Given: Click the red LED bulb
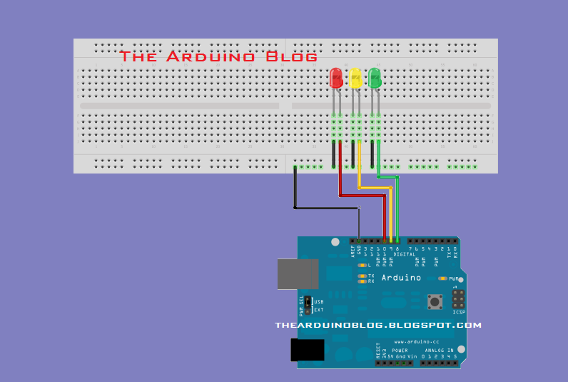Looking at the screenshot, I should click(336, 78).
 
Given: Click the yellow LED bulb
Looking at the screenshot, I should click(355, 78).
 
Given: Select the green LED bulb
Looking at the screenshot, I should click(375, 78).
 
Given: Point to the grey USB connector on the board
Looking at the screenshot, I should click(298, 274).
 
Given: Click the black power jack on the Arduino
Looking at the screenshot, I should click(308, 350).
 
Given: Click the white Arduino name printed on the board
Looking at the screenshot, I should click(401, 278).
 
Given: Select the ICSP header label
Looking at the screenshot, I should click(459, 312).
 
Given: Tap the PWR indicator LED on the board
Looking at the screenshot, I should click(443, 278).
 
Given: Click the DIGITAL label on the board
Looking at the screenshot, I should click(405, 253).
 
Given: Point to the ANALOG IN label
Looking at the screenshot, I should click(440, 351).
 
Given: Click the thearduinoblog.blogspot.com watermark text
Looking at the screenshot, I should click(378, 326).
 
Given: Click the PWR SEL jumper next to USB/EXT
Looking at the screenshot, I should click(308, 306).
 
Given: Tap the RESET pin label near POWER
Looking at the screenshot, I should click(378, 351).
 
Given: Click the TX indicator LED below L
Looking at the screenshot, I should click(362, 276).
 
